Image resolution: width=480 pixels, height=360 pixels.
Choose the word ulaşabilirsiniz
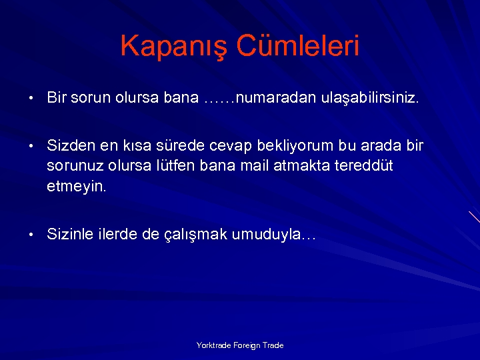click(361, 98)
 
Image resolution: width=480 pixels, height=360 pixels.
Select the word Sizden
click(71, 145)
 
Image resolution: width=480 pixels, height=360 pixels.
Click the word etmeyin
click(76, 187)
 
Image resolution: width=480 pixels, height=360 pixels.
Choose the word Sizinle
click(70, 234)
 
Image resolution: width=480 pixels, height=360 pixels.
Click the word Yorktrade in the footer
click(213, 345)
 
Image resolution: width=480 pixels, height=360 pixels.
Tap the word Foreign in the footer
click(247, 345)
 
